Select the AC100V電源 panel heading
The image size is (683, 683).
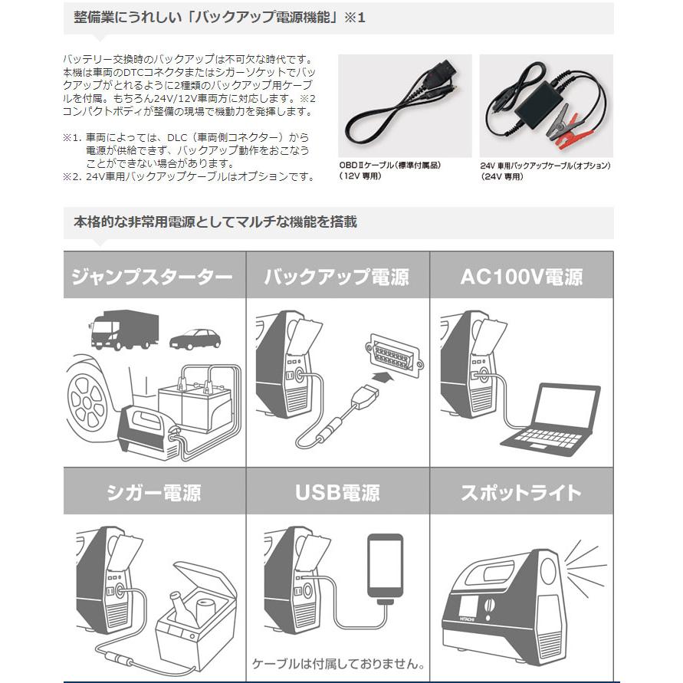521,277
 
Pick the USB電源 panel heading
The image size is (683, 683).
337,491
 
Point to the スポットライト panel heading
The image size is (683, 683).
521,491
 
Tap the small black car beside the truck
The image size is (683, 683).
195,339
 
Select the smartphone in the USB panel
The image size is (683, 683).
385,566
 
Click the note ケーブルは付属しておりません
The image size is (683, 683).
337,663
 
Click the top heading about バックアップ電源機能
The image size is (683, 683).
219,17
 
